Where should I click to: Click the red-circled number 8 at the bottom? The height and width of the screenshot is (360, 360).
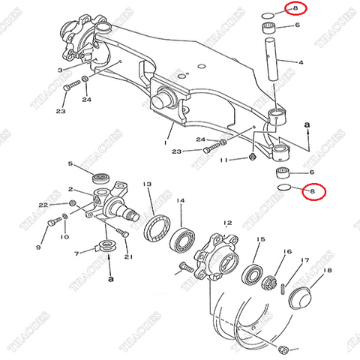coord(313,192)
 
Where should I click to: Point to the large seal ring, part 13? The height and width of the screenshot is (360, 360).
coord(154,225)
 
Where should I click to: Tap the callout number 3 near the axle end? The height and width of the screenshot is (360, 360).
coord(59,69)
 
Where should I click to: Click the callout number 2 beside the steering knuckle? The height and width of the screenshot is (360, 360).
coord(70,190)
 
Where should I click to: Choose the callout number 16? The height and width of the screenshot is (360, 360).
coord(287,253)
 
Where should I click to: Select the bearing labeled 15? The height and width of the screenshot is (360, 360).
coord(253,272)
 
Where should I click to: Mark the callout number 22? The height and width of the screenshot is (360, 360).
coord(43,205)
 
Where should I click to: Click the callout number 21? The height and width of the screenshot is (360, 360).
coord(128,257)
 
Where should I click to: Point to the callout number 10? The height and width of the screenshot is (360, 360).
coord(64,238)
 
